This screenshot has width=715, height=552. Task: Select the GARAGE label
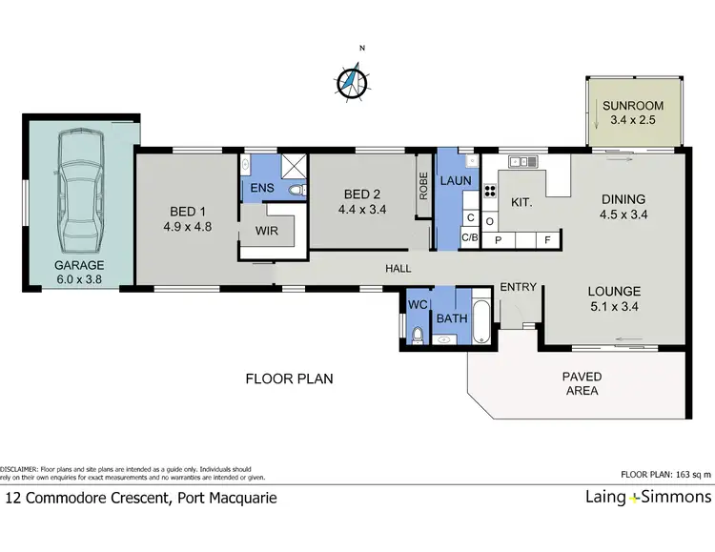79,266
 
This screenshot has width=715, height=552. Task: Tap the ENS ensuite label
261,188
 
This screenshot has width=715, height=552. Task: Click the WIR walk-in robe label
265,231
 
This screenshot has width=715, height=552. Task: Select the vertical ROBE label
421,184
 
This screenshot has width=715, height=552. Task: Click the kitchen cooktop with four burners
490,191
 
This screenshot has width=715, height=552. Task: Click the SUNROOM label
632,106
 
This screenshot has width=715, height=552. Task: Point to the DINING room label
623,199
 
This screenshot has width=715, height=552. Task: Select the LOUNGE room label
613,291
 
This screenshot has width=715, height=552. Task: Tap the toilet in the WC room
418,334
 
